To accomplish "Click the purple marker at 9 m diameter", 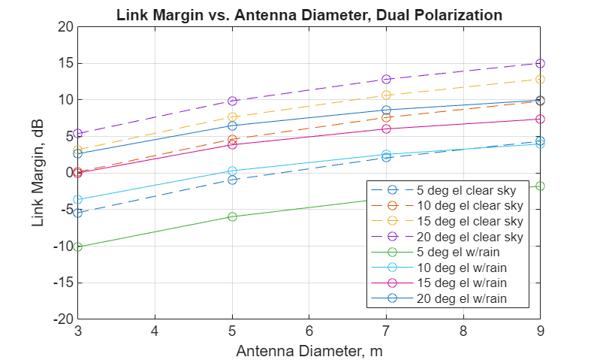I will coord(540,63).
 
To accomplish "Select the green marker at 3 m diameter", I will coord(77,247).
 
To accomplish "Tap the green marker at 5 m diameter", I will coord(232,216).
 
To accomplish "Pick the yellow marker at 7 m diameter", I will coord(386,95).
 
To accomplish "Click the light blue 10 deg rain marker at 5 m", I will coord(232,171).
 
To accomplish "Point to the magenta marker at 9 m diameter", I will coord(540,119).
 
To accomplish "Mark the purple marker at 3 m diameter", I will coord(77,134).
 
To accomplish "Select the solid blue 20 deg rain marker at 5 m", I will coord(232,126).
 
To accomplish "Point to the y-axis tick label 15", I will coord(65,63).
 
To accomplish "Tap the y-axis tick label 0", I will coord(68,173).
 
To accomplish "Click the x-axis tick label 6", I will coord(309,331).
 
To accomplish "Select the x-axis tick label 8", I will coord(463,331).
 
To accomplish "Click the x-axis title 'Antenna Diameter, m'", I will coord(309,350).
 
